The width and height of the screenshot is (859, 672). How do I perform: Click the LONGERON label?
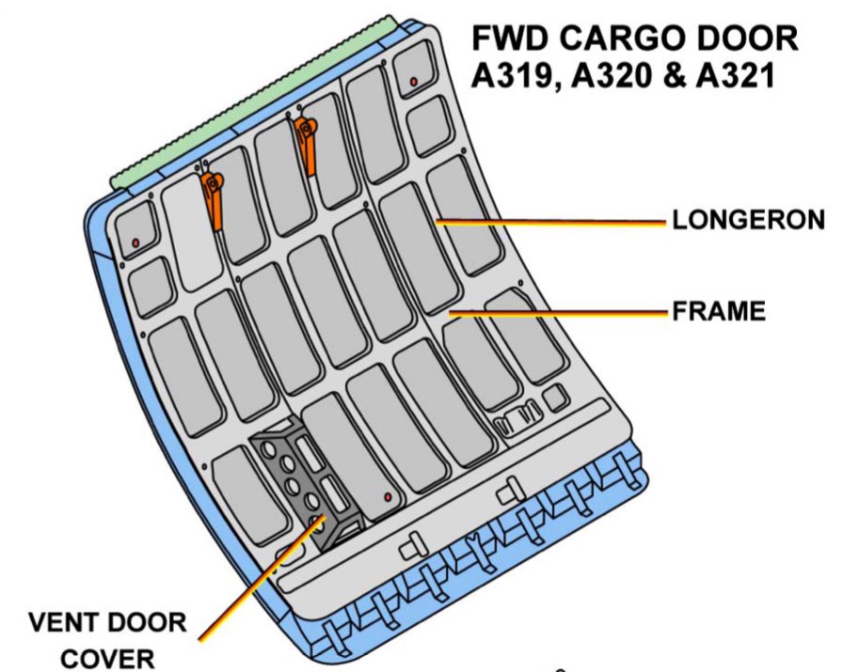pos(748,221)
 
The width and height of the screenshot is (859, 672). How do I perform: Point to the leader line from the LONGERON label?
pos(555,222)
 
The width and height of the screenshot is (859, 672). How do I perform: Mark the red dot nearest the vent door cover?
pos(387,495)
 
